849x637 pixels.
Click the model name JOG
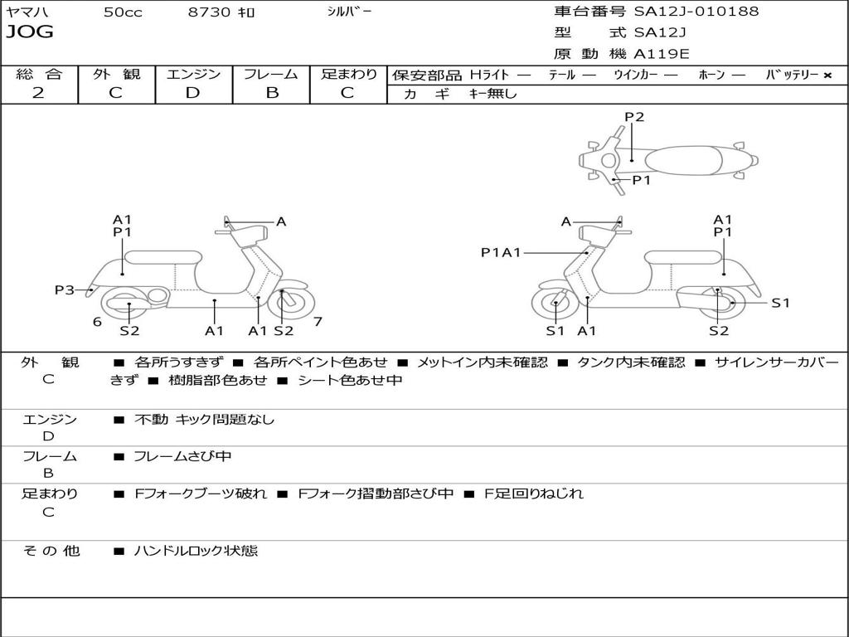(30, 32)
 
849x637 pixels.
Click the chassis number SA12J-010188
(696, 12)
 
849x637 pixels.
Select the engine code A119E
(661, 55)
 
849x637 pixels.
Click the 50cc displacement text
(123, 12)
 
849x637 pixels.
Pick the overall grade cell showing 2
(38, 93)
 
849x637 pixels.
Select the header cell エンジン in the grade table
(193, 75)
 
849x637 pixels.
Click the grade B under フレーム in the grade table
(271, 93)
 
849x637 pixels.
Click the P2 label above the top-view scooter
(634, 117)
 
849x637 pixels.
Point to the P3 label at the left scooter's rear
(65, 289)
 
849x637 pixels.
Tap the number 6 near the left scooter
(97, 321)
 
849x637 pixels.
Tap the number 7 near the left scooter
(318, 321)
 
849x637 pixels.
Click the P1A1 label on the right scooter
(501, 252)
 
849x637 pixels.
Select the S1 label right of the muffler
(780, 303)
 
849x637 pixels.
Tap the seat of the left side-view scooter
(163, 257)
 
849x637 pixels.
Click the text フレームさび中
(182, 456)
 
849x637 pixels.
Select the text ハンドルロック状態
(196, 551)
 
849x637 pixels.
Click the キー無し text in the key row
(493, 94)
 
